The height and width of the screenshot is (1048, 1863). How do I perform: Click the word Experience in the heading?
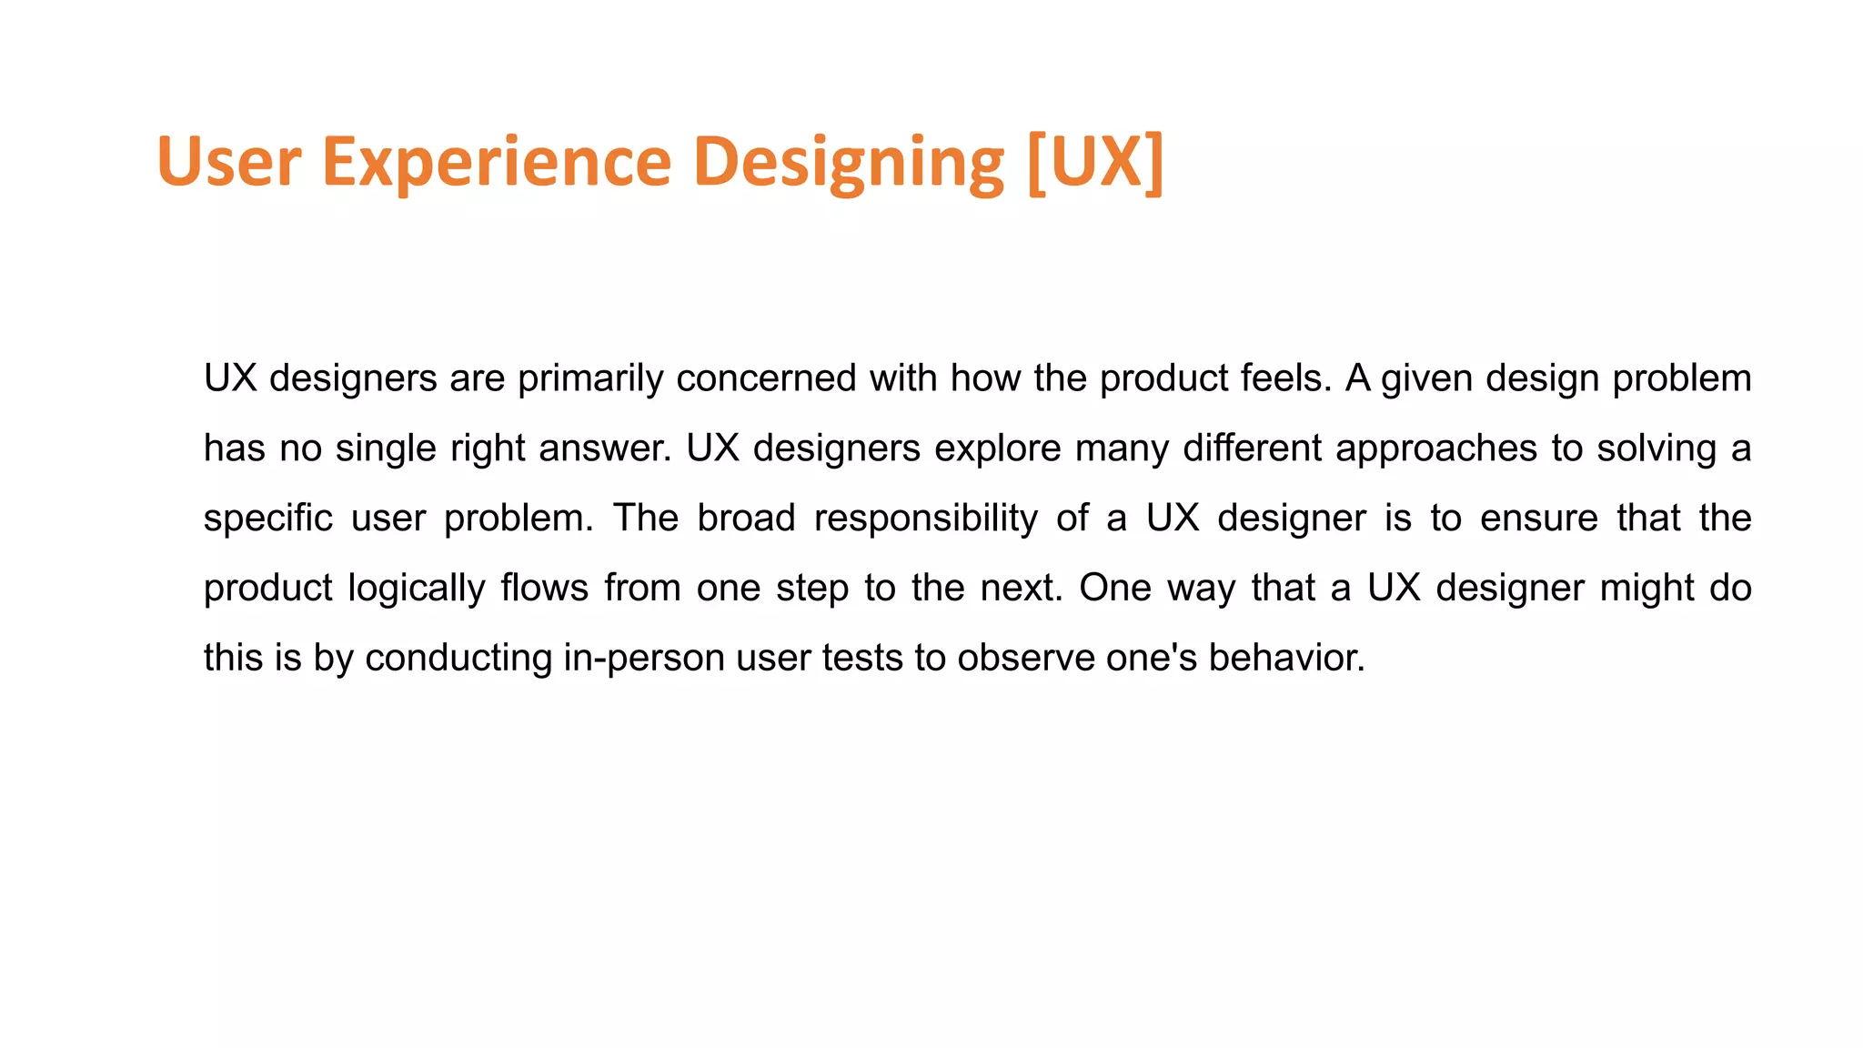[496, 162]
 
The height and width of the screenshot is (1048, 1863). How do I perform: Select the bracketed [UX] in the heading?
[1094, 162]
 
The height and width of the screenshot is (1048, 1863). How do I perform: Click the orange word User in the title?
[228, 162]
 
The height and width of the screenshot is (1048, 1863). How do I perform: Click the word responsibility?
[925, 519]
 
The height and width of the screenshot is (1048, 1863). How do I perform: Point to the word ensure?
[1538, 519]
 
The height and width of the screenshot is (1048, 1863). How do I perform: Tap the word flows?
[544, 589]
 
